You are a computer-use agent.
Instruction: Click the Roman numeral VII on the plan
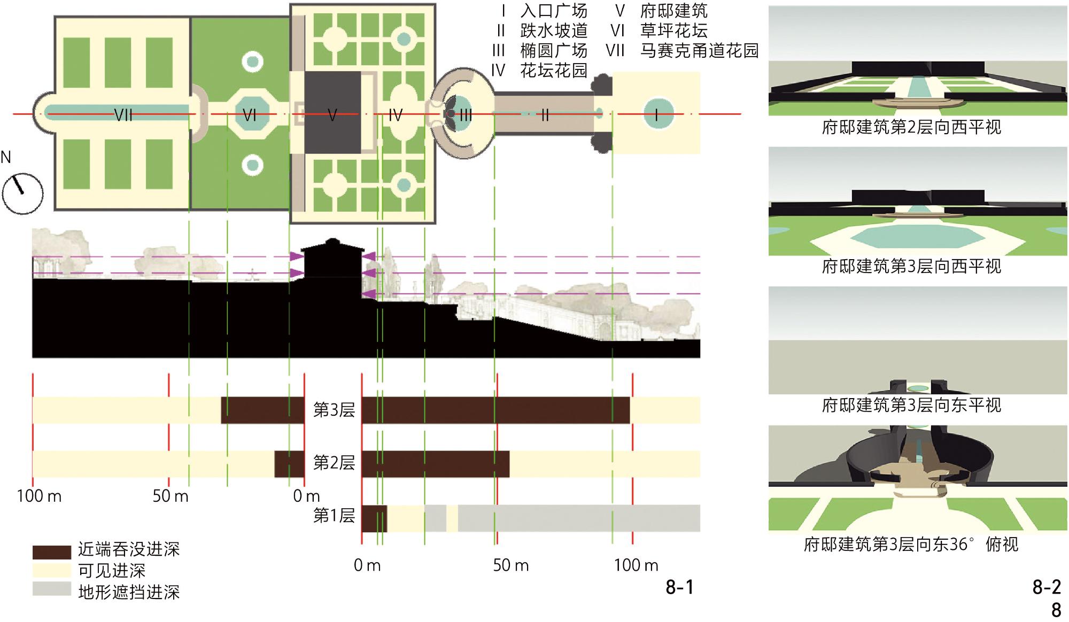[123, 115]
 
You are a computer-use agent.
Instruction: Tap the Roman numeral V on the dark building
[332, 115]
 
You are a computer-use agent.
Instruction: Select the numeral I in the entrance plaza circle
[656, 114]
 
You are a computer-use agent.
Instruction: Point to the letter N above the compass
[6, 157]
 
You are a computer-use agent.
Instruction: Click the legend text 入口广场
[554, 11]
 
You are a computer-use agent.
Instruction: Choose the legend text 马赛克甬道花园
[699, 51]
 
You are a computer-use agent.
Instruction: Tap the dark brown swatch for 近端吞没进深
[51, 551]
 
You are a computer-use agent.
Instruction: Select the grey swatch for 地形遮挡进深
[51, 589]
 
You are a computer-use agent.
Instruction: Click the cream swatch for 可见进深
[51, 570]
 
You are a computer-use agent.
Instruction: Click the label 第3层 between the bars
[334, 410]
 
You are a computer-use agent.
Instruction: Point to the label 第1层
[334, 516]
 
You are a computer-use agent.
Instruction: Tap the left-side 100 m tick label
[39, 496]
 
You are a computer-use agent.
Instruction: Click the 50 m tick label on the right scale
[510, 565]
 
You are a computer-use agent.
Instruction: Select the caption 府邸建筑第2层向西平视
[911, 127]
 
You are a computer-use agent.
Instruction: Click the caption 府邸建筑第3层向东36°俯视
[911, 545]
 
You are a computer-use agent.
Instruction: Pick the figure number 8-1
[679, 588]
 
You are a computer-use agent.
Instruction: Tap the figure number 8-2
[1046, 588]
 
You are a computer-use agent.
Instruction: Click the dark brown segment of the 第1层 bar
[374, 518]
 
